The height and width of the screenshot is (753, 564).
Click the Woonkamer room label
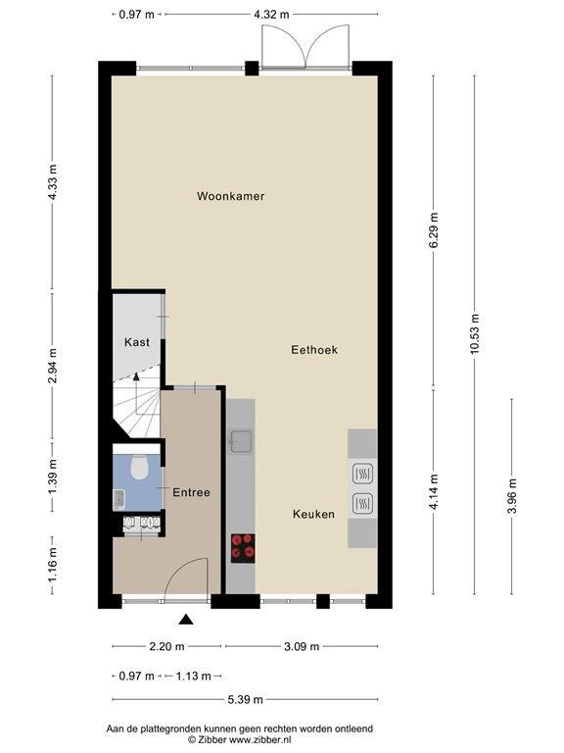tap(231, 196)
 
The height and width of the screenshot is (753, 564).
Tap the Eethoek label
tap(314, 350)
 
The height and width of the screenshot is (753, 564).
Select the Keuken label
tap(313, 515)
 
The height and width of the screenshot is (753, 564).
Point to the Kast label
tap(137, 342)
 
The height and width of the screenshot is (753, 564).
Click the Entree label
tap(191, 492)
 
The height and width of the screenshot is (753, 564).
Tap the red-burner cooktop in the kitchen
tap(243, 548)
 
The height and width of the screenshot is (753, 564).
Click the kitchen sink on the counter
tap(240, 441)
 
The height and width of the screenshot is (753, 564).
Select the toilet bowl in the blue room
tap(139, 468)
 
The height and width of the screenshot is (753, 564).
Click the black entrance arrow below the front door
tap(186, 620)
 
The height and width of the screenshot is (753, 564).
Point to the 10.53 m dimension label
tap(475, 333)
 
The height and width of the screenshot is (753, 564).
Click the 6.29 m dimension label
tap(434, 230)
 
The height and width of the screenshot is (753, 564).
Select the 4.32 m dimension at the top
tap(271, 15)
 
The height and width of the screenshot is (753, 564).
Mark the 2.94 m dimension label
tap(52, 366)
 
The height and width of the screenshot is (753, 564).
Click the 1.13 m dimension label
tap(193, 677)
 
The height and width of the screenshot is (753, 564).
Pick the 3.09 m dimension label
tap(302, 646)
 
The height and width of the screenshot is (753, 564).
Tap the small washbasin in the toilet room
tap(118, 499)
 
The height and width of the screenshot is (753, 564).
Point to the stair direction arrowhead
tap(136, 376)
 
